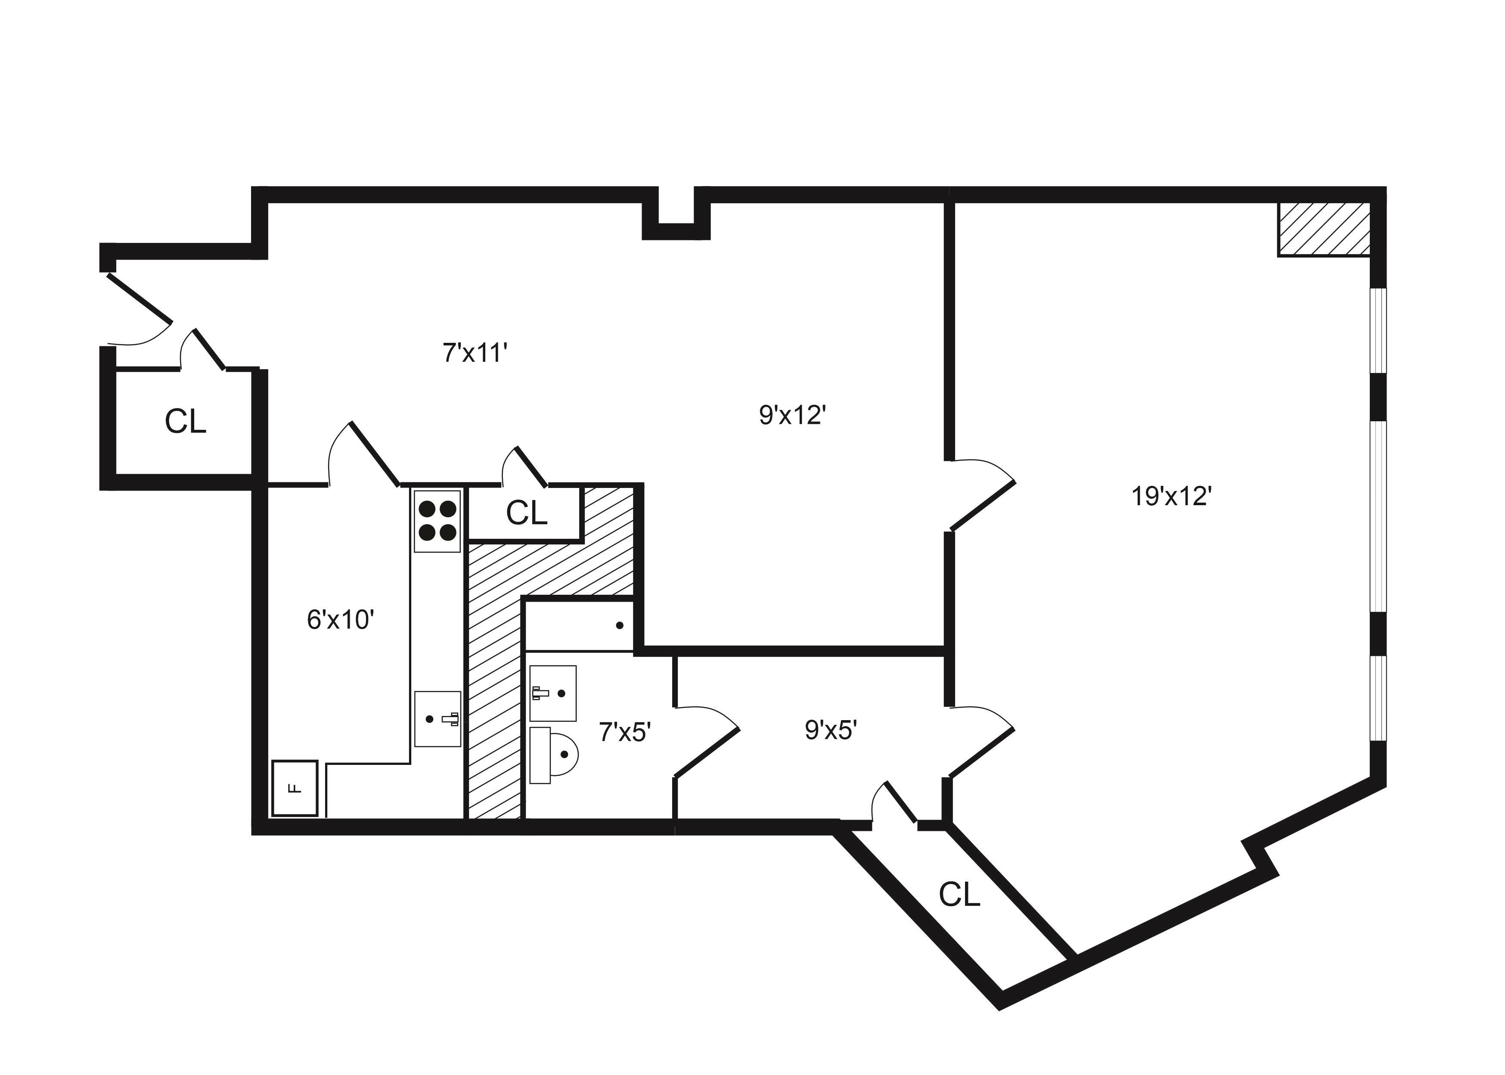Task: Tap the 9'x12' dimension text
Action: pos(792,415)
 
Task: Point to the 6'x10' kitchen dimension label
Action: pos(341,620)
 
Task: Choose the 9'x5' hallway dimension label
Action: pos(831,730)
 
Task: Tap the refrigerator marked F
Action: pos(295,788)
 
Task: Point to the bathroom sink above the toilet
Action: pos(552,693)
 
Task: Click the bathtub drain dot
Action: pos(620,625)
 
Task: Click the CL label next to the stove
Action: pos(526,513)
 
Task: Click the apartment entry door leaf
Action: pos(139,298)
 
